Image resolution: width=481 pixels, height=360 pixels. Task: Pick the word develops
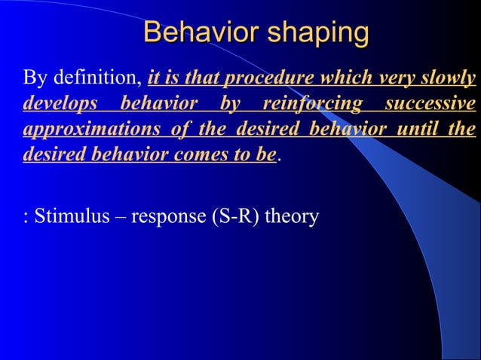[55, 104]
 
